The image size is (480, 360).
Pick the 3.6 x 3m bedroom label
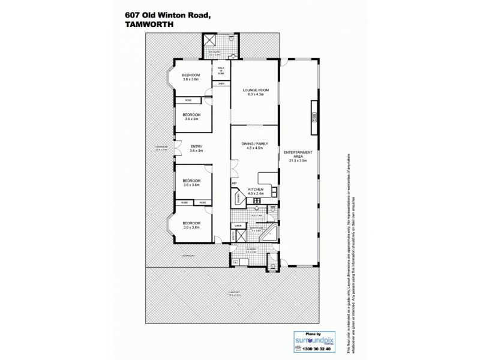pos(191,116)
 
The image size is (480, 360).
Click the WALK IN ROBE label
pos(220,70)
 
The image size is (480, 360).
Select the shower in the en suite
pos(211,41)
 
